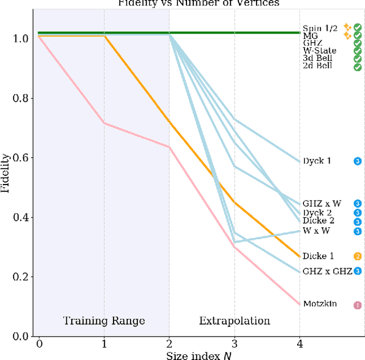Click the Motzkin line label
pos(320,304)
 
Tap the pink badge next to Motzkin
pos(358,305)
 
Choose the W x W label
pos(317,231)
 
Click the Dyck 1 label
pos(317,161)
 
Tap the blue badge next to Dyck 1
pos(358,161)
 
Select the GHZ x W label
pos(322,203)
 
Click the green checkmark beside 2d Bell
pos(358,66)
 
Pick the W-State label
pos(319,50)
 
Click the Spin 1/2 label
pos(321,27)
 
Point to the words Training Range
pos(104,321)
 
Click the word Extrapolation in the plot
pos(234,321)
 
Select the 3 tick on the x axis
pos(234,344)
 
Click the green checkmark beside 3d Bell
pos(358,58)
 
